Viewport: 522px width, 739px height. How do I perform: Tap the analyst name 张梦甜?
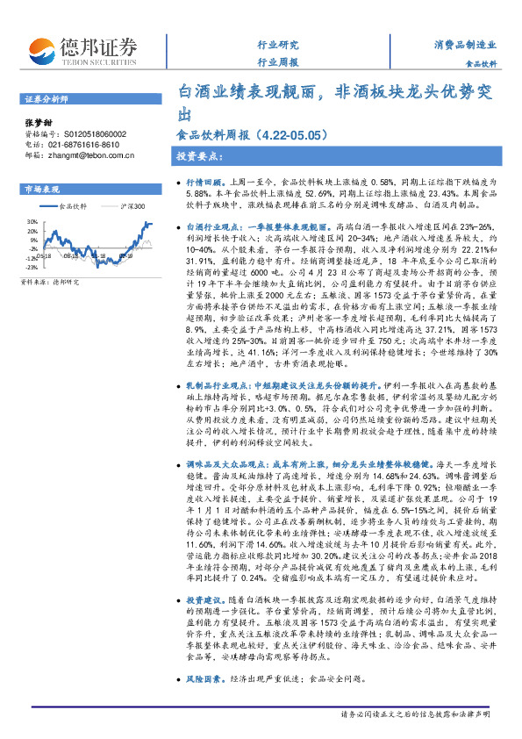pyautogui.click(x=36, y=124)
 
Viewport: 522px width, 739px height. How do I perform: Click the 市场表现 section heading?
pyautogui.click(x=41, y=189)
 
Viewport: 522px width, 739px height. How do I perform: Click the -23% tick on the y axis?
pyautogui.click(x=30, y=269)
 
